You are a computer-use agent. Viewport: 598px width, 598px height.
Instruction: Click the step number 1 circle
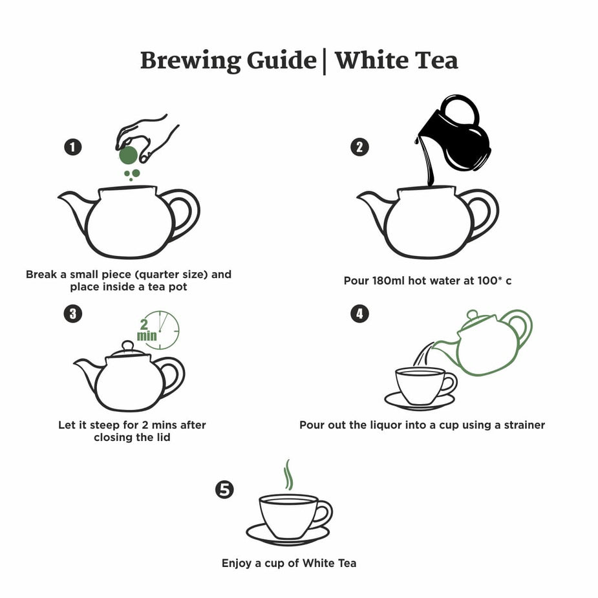tap(73, 147)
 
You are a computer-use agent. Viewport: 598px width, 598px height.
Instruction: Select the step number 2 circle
tap(359, 147)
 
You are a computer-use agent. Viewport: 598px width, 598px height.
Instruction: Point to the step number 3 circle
tap(73, 314)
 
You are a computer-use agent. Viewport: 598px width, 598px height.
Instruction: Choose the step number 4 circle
tap(359, 314)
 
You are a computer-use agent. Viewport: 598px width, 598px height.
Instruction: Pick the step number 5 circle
tap(224, 490)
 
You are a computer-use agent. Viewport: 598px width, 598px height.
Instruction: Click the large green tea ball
tap(128, 155)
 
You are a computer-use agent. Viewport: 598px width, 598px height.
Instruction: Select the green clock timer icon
tap(160, 330)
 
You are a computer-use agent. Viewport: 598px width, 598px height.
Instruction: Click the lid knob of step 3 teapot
tap(128, 345)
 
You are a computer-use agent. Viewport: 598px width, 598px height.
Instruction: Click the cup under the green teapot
tap(420, 385)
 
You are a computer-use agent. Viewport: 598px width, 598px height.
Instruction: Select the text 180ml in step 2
tap(388, 281)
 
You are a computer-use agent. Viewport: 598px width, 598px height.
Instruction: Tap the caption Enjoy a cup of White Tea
tap(289, 562)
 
